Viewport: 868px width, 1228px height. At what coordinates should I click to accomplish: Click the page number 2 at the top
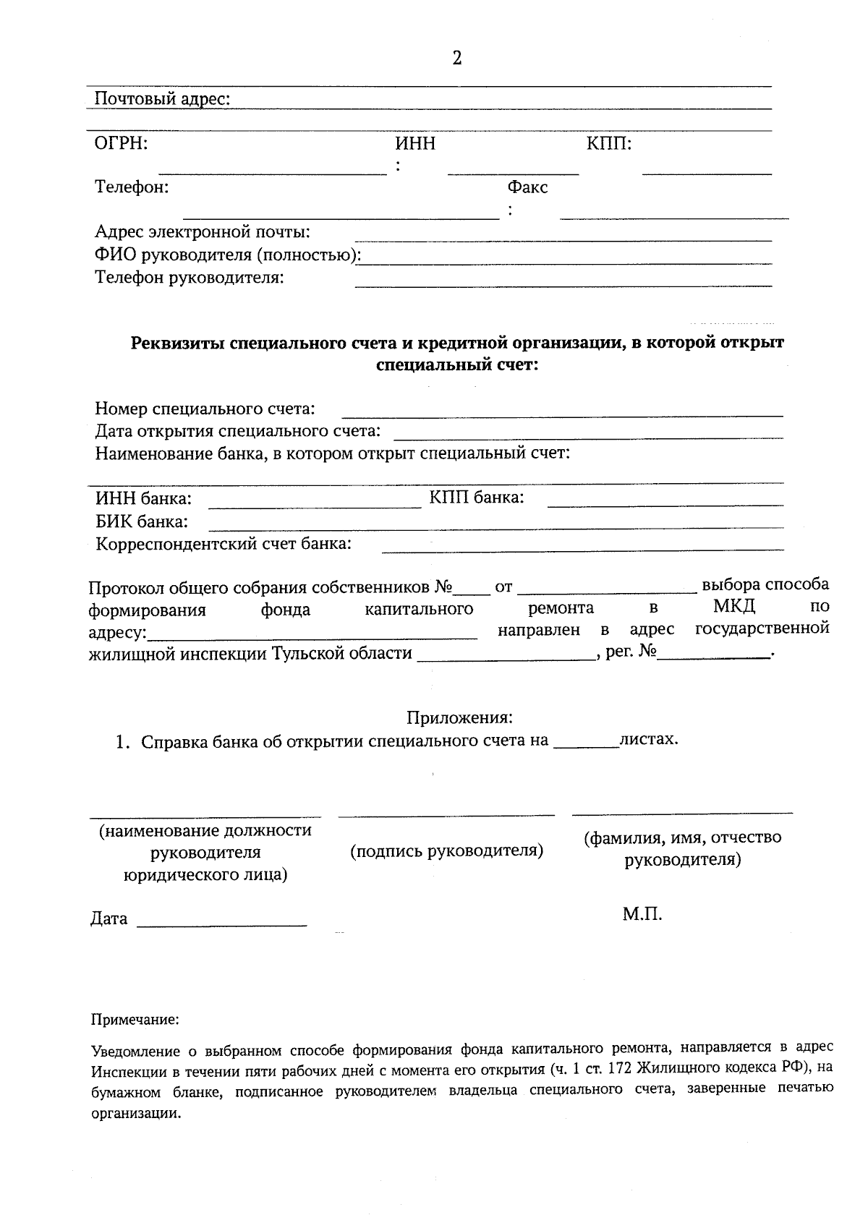tap(456, 59)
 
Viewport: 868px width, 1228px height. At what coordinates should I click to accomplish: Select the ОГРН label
tap(122, 143)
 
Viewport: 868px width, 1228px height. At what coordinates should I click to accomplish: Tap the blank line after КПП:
tap(707, 171)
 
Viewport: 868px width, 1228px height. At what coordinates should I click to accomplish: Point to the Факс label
tap(527, 187)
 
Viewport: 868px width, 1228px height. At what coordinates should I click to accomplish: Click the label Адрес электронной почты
tap(203, 232)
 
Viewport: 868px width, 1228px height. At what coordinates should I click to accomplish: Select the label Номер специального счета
tap(205, 409)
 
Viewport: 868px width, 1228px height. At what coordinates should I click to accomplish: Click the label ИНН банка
tap(143, 498)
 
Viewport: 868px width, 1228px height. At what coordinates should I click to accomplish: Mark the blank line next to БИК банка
tap(495, 526)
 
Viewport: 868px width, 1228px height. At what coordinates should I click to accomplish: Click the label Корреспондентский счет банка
tap(224, 544)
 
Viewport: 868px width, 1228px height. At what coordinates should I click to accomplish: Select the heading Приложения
tap(459, 717)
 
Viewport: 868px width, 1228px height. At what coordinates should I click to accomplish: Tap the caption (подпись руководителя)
tap(446, 850)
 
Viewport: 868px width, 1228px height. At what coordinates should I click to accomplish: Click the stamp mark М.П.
tap(642, 915)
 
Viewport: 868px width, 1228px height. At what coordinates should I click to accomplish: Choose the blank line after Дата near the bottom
tap(221, 924)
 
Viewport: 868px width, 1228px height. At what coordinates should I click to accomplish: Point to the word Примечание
tap(135, 1020)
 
